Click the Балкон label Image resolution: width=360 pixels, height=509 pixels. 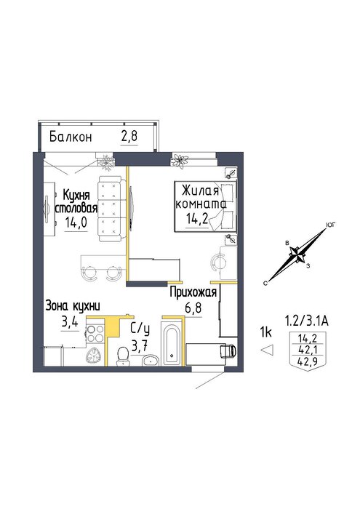[x=71, y=137]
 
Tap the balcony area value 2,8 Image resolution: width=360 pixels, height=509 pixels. [x=129, y=137]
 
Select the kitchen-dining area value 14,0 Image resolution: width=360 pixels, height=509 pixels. [x=76, y=223]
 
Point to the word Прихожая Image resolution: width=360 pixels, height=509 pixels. [x=193, y=293]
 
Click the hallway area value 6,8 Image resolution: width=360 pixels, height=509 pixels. [x=193, y=308]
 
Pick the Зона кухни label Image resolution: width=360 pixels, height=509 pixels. [x=73, y=306]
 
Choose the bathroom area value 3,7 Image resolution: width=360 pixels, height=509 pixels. [x=140, y=345]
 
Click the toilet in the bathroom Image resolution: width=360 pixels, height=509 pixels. [x=123, y=356]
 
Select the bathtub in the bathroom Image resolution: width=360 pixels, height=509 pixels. [x=172, y=345]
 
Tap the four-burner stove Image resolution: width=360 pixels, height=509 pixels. [x=95, y=334]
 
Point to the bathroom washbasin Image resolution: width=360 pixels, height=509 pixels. [x=151, y=360]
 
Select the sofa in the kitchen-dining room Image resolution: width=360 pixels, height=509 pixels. [x=110, y=209]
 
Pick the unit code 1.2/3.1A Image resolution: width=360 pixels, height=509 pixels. [x=306, y=321]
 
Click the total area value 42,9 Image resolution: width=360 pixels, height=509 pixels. [x=307, y=361]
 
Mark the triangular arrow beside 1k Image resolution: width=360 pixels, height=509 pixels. [x=268, y=350]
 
